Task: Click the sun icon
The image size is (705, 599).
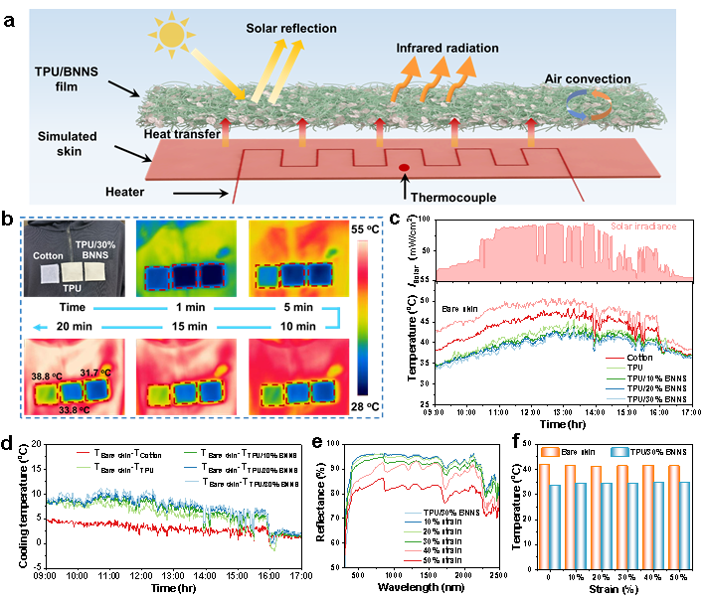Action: [172, 37]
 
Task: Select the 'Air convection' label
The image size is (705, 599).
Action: [587, 78]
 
